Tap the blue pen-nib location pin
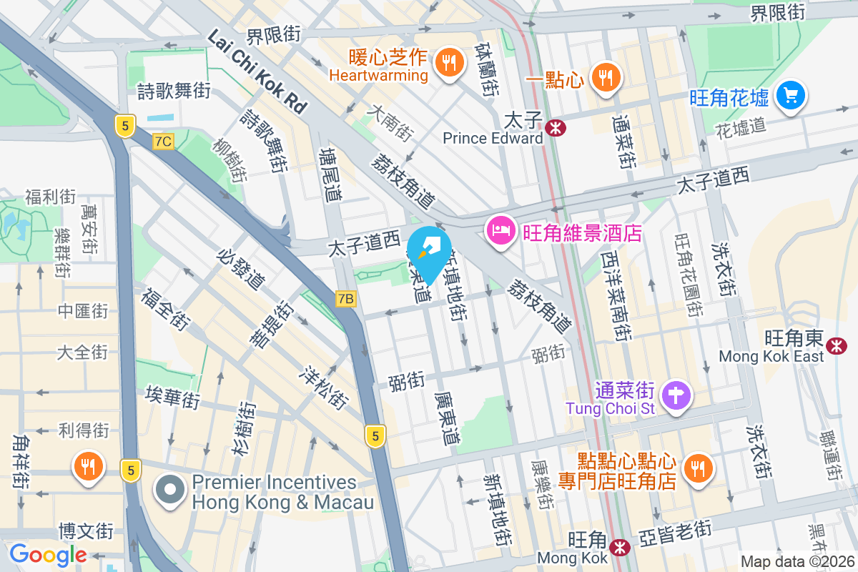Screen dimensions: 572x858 point(429,250)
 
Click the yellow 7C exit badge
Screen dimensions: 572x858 point(163,142)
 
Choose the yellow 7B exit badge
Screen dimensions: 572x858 point(345,299)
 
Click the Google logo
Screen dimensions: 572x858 point(48,555)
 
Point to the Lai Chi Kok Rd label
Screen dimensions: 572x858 point(258,71)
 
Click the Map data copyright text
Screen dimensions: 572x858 point(797,561)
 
